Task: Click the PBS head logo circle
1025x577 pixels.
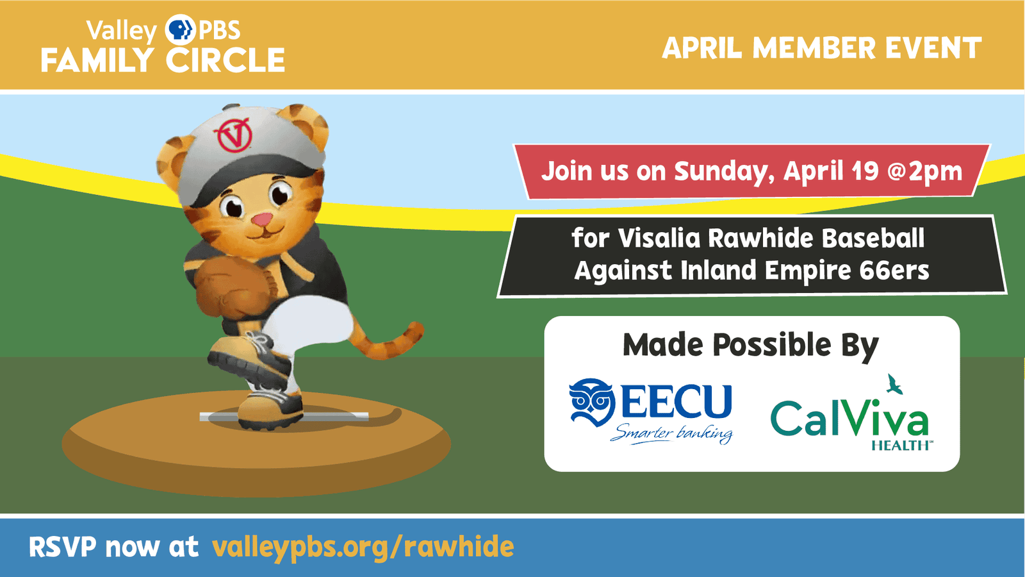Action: [180, 29]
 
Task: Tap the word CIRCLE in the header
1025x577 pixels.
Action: [225, 60]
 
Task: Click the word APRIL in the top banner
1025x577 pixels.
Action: [701, 48]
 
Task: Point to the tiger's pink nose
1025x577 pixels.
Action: [262, 219]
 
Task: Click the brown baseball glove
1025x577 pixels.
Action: [231, 286]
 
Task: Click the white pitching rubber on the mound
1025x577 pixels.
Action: [284, 416]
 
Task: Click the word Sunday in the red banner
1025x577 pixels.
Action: [724, 172]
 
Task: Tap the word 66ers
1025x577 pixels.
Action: [894, 270]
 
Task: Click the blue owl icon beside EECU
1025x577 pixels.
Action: [592, 402]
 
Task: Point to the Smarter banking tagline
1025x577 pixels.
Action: [671, 433]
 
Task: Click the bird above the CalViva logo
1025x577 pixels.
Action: [894, 384]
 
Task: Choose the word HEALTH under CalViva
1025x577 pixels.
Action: [900, 445]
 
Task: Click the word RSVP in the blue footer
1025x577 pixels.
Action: [63, 546]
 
